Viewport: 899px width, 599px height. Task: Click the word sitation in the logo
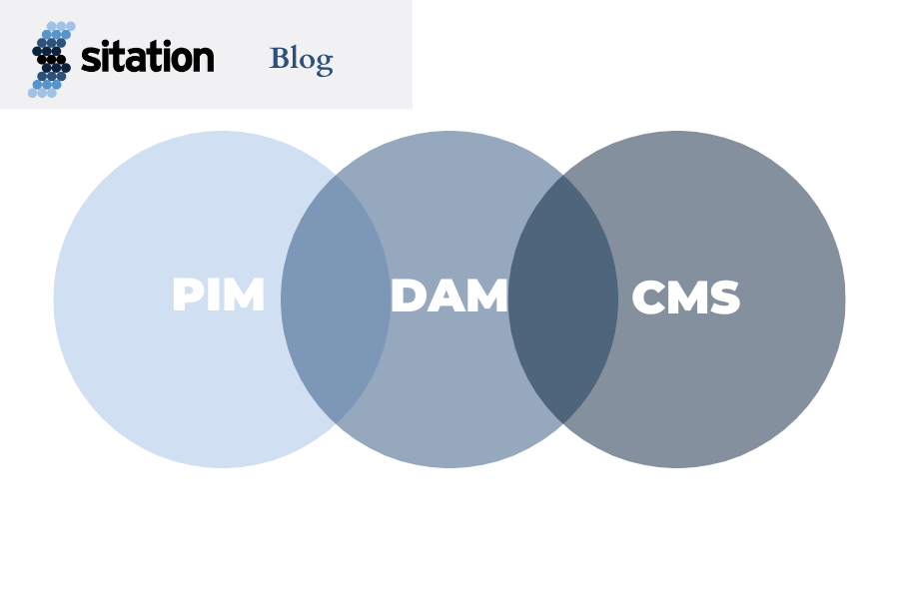(147, 57)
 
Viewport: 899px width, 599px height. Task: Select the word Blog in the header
(301, 59)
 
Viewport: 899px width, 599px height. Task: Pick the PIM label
(218, 296)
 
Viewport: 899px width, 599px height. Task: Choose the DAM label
(449, 297)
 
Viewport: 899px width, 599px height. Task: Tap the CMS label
(685, 299)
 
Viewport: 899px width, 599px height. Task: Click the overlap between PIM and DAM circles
(336, 299)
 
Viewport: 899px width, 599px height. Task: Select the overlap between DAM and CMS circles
(563, 299)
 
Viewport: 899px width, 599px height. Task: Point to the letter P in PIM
(187, 296)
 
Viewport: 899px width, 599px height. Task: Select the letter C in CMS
(650, 299)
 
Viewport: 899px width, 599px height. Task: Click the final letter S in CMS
(724, 299)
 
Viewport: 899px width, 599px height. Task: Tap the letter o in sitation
(181, 59)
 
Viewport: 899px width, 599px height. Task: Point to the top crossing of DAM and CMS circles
(563, 176)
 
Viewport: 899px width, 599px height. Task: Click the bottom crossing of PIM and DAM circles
(336, 423)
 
